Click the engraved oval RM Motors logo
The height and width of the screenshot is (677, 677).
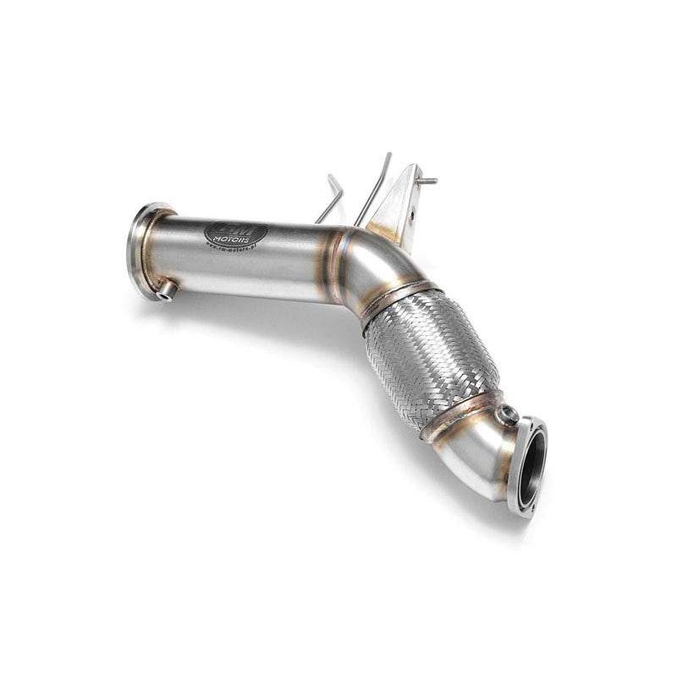click(x=236, y=234)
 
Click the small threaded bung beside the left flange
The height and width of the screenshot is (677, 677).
click(x=167, y=291)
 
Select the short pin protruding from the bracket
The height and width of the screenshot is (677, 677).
click(x=427, y=180)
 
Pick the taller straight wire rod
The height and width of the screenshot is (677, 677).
click(x=377, y=186)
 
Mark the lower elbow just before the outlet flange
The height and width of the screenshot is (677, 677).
click(x=487, y=449)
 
